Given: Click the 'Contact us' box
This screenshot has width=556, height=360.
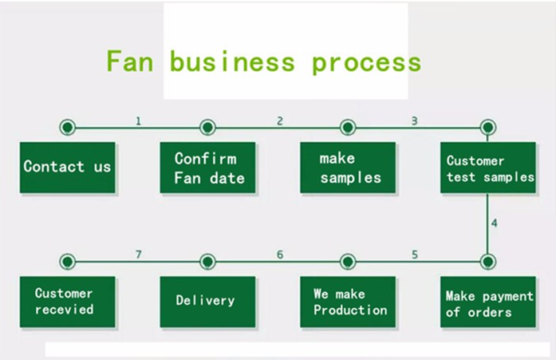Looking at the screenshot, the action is (x=67, y=168).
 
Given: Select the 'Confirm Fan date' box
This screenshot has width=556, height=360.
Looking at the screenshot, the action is (x=207, y=168).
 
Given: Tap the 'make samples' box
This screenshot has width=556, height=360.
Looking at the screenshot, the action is (x=348, y=168).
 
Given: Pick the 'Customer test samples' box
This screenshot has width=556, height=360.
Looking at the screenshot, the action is (x=488, y=168).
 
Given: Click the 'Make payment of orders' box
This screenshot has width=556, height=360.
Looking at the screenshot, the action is (x=488, y=302).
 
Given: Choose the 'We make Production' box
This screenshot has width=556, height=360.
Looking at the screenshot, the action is (x=348, y=302).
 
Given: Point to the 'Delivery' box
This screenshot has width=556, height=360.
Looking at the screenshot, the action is (x=207, y=302).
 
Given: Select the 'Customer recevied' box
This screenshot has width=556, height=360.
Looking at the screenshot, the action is (x=67, y=302).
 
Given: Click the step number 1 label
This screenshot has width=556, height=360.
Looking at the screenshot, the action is (x=138, y=121).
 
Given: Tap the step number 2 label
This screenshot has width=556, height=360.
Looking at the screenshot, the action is (x=280, y=121).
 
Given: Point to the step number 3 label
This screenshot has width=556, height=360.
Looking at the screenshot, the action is (x=415, y=121).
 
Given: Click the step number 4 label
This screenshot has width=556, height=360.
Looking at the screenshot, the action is (x=495, y=224).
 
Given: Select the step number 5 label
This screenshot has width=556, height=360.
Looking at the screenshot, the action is (x=415, y=255).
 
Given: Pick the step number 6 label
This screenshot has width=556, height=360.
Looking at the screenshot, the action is (x=280, y=255).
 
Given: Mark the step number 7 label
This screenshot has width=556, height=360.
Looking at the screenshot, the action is (x=138, y=255).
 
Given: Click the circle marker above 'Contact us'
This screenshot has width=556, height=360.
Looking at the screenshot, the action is (x=67, y=127).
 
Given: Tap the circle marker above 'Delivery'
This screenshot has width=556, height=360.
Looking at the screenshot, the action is (x=207, y=262).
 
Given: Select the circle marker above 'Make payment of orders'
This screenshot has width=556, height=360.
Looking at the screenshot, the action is (x=488, y=262).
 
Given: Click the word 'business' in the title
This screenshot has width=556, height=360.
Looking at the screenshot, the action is (x=232, y=61).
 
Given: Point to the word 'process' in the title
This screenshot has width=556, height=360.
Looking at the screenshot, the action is (x=367, y=64).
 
